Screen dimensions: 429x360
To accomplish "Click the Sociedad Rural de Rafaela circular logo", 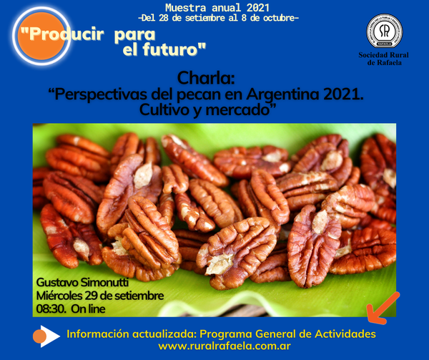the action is pyautogui.click(x=385, y=31).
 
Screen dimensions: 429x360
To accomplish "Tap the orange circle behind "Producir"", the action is pyautogui.click(x=41, y=36).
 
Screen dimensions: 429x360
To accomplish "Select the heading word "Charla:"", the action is pyautogui.click(x=206, y=78).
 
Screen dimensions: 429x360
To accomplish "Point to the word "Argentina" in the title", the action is pyautogui.click(x=282, y=94).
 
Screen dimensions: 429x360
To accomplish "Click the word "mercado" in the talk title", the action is pyautogui.click(x=238, y=110).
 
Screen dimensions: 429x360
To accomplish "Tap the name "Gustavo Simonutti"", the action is pyautogui.click(x=82, y=283).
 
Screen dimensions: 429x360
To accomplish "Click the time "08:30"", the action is pyautogui.click(x=51, y=308).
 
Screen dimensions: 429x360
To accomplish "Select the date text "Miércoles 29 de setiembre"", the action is pyautogui.click(x=100, y=296).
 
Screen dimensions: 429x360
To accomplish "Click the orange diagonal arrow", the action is pyautogui.click(x=383, y=308).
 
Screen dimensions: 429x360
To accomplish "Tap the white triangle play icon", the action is pyautogui.click(x=50, y=336).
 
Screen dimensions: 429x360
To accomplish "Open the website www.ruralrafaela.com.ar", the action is pyautogui.click(x=225, y=346).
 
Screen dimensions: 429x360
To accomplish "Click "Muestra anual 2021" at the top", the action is pyautogui.click(x=217, y=8).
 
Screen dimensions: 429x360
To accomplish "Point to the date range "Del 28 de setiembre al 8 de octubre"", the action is pyautogui.click(x=218, y=18).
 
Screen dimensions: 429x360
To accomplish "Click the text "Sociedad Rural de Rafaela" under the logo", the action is pyautogui.click(x=384, y=59).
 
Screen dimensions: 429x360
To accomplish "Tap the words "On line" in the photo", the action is pyautogui.click(x=88, y=308).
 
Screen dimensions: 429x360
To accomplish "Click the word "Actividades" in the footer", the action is pyautogui.click(x=345, y=334).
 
